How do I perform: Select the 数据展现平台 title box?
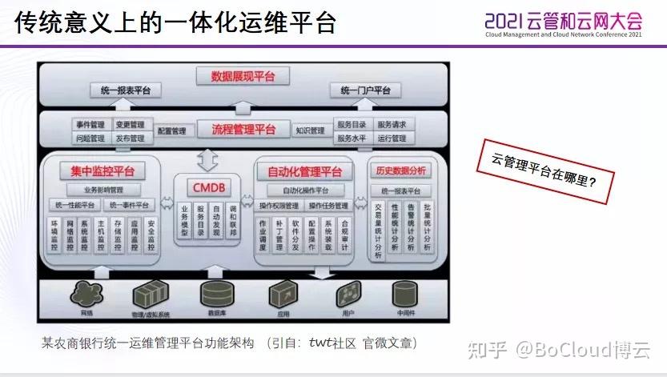[x=243, y=76]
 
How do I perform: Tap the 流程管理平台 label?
[x=243, y=129]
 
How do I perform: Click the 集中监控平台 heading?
[x=102, y=170]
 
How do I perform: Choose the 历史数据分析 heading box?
[x=401, y=170]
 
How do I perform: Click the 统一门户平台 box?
[x=365, y=90]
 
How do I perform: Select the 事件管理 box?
[x=90, y=125]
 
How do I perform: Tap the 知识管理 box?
[x=310, y=130]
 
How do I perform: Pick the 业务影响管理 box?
[x=103, y=191]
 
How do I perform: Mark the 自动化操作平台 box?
[x=305, y=191]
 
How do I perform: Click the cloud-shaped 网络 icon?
[x=86, y=292]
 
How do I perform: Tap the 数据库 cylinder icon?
[x=216, y=292]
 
